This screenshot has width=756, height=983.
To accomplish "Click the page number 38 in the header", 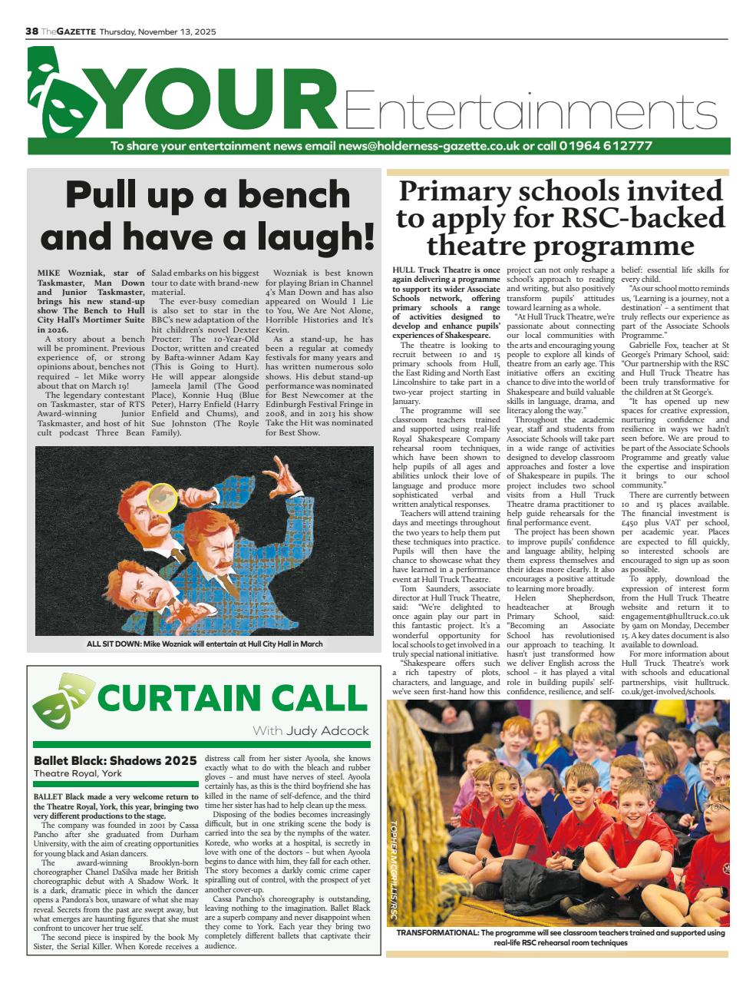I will (32, 31).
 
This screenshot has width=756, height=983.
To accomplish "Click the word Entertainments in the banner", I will (530, 111).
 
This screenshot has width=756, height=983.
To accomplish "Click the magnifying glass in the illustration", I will (162, 498).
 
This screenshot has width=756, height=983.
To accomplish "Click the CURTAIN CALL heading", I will (233, 698).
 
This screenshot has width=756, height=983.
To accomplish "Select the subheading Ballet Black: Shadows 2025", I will (115, 760).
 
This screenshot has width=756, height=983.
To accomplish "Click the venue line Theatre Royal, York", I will (78, 773).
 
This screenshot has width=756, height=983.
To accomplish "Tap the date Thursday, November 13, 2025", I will (157, 31).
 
